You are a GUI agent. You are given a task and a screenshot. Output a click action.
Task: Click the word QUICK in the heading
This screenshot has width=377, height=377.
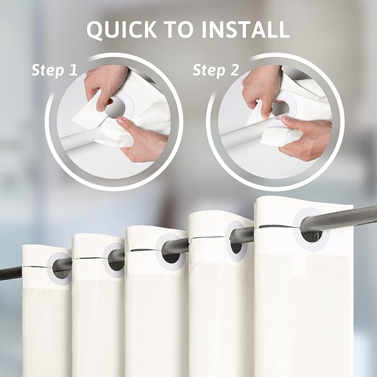122,29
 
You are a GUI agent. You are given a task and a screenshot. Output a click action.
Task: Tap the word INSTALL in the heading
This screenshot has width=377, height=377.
245,29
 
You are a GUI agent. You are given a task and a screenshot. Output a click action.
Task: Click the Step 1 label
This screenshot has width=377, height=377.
54,70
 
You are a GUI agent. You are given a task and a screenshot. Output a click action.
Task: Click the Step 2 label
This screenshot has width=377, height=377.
216,70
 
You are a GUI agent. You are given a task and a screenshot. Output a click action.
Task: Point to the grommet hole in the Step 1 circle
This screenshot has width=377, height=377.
115,108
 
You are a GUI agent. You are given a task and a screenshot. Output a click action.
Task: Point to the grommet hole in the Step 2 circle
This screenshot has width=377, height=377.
280,108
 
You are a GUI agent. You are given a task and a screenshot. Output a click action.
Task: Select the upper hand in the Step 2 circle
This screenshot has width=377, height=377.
261,89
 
